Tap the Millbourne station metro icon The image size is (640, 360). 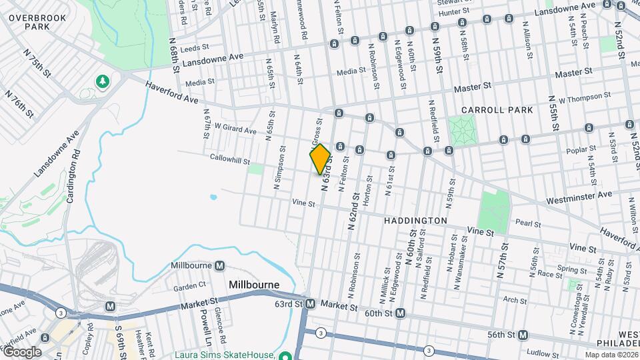click(219, 265)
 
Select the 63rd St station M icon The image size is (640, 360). click(310, 304)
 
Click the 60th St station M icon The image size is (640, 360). click(400, 313)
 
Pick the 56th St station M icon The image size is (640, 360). click(523, 335)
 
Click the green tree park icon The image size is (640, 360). click(102, 81)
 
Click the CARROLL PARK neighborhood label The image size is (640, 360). click(497, 110)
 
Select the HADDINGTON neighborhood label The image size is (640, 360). click(415, 220)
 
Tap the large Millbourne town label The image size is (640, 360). click(253, 285)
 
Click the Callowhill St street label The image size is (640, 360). click(229, 161)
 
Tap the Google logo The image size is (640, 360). click(21, 351)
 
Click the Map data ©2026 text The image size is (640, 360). click(611, 355)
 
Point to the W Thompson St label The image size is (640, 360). click(585, 99)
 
